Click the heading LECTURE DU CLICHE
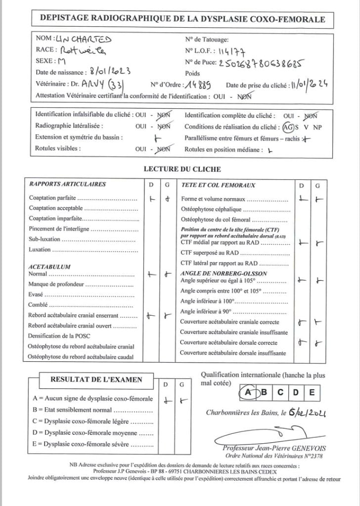[x=182, y=169]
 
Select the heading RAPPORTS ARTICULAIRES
[x=67, y=184]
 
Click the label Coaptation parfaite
[x=53, y=199]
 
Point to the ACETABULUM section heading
[x=49, y=267]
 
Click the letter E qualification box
[x=311, y=392]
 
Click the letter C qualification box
[x=280, y=392]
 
